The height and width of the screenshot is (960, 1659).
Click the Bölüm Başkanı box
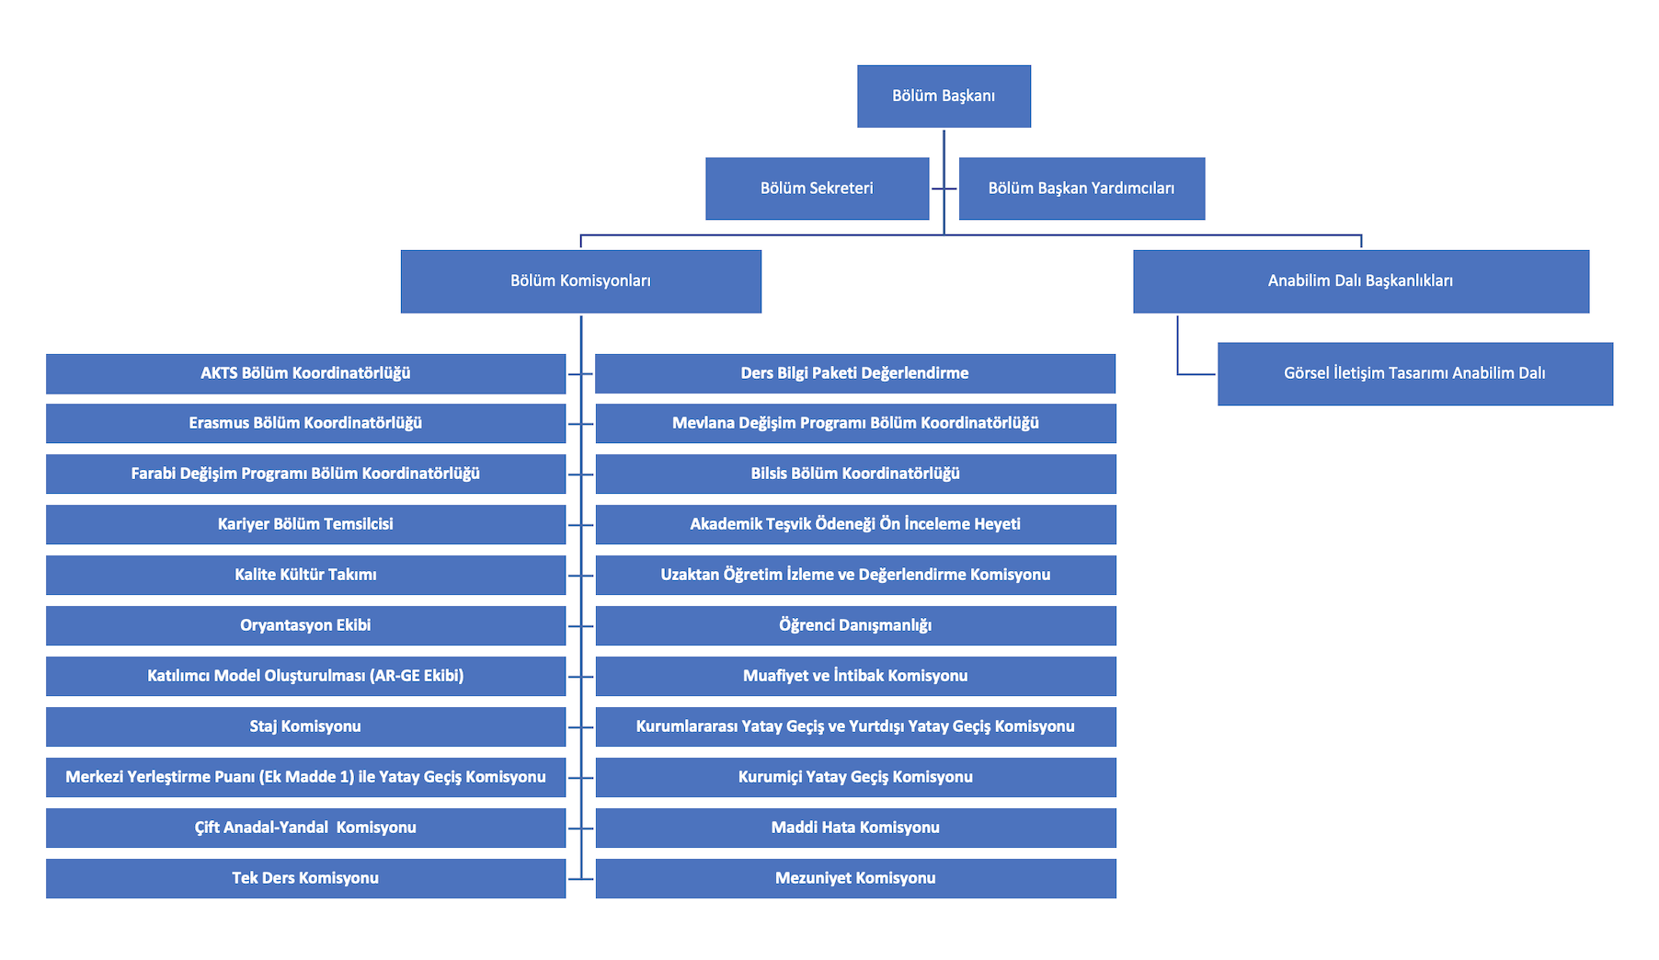[x=944, y=96]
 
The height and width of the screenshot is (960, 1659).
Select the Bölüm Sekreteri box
[x=817, y=189]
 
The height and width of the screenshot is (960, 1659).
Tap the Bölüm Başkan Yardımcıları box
[x=1081, y=189]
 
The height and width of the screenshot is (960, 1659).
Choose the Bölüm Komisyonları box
[x=580, y=281]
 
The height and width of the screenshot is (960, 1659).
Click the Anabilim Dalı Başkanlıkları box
[x=1360, y=281]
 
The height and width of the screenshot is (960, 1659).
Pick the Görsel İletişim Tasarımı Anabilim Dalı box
[x=1414, y=373]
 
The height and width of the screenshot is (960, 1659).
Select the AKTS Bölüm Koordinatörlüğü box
[x=305, y=373]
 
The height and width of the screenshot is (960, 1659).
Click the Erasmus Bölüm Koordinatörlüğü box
[x=305, y=424]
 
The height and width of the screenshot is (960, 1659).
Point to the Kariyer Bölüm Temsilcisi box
[x=305, y=524]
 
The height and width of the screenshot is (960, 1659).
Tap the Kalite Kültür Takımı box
[x=305, y=575]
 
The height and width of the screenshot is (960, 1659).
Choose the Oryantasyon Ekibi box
[x=305, y=625]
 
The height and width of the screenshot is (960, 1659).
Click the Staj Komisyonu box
[x=305, y=726]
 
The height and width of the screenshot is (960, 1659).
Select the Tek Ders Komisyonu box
[x=305, y=878]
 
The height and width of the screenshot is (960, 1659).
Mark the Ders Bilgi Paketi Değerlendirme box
[x=855, y=373]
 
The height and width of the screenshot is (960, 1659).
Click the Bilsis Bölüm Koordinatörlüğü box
[x=855, y=474]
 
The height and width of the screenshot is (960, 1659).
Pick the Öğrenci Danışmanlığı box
[x=855, y=625]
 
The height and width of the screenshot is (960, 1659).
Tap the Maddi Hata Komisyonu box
[x=855, y=828]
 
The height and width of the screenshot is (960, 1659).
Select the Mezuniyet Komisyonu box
[x=855, y=878]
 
